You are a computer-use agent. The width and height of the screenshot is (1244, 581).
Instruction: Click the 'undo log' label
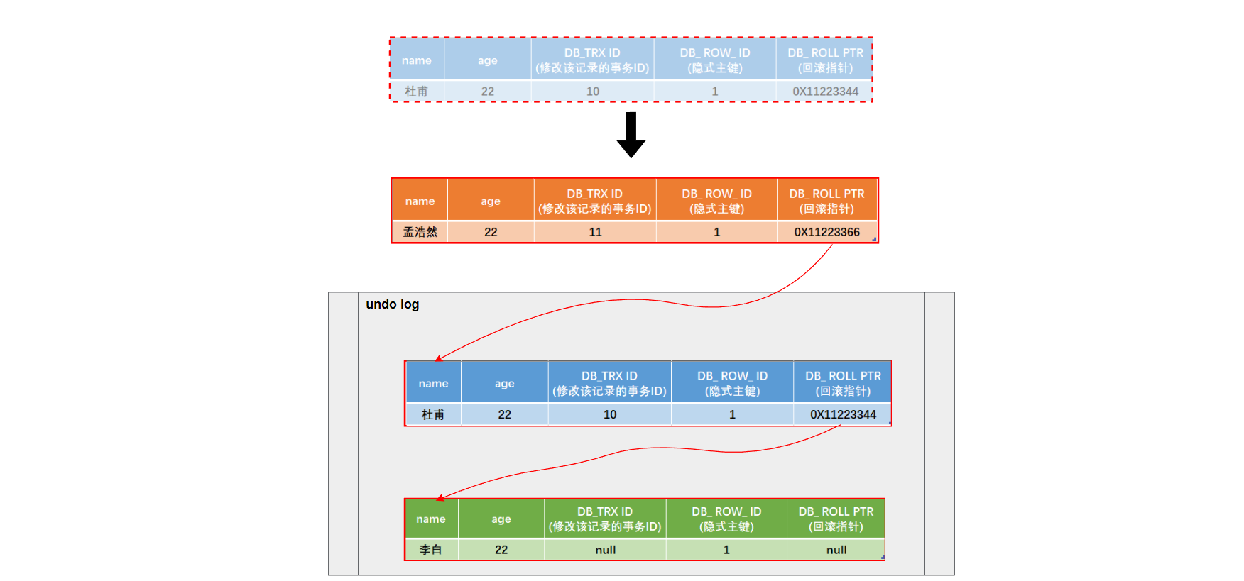click(x=392, y=304)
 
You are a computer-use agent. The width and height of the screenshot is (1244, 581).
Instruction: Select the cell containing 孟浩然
click(x=420, y=232)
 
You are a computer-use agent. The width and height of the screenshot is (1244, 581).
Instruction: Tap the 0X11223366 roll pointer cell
click(x=826, y=232)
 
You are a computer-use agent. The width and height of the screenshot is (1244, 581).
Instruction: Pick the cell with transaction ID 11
click(x=595, y=232)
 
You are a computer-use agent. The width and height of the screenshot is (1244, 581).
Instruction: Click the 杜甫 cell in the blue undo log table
click(x=433, y=414)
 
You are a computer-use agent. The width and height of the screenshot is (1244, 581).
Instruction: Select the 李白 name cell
click(x=431, y=550)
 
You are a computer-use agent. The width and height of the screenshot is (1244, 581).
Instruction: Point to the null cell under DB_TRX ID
click(x=605, y=550)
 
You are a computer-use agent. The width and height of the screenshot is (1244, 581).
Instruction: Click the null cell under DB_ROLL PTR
click(x=836, y=550)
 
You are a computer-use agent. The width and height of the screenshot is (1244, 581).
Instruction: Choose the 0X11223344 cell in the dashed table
click(x=825, y=92)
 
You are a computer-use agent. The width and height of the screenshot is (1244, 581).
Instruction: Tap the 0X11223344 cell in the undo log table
click(x=843, y=414)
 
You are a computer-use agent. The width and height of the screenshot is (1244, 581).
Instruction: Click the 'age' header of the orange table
click(x=491, y=201)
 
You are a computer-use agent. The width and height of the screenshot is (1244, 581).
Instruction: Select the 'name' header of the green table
click(x=431, y=519)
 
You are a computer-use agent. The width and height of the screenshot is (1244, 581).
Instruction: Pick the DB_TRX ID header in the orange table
click(x=594, y=201)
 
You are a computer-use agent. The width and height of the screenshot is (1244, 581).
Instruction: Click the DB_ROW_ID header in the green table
click(x=726, y=519)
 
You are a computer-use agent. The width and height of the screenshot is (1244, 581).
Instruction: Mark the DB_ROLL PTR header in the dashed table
click(x=825, y=60)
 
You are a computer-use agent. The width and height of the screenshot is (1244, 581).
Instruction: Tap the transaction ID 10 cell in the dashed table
click(x=592, y=92)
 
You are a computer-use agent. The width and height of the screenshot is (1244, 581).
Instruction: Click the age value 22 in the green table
click(x=501, y=550)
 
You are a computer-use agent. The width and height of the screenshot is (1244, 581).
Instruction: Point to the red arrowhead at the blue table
click(x=439, y=358)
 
